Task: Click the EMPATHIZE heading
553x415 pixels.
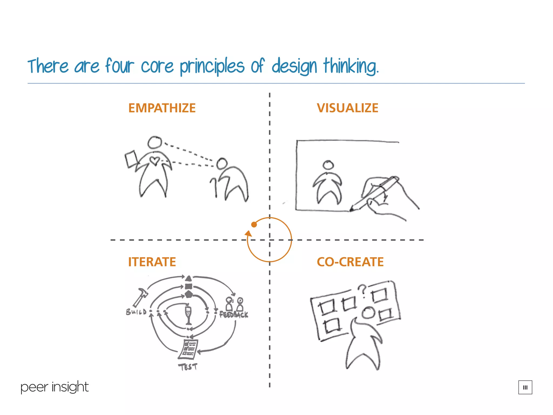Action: point(162,108)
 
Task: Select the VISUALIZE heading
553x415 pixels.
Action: point(348,108)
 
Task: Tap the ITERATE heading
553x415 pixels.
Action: point(152,262)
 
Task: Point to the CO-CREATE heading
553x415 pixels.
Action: point(350,262)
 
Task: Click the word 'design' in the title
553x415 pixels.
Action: point(294,66)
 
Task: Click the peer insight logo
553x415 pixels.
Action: point(55,387)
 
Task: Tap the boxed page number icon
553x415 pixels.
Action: point(525,387)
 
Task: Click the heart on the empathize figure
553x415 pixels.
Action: point(155,161)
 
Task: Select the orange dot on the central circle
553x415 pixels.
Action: point(254,225)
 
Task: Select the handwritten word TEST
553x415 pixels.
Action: point(188,367)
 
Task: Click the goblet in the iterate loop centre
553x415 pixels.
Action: point(188,315)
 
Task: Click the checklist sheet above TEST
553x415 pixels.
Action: point(188,349)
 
